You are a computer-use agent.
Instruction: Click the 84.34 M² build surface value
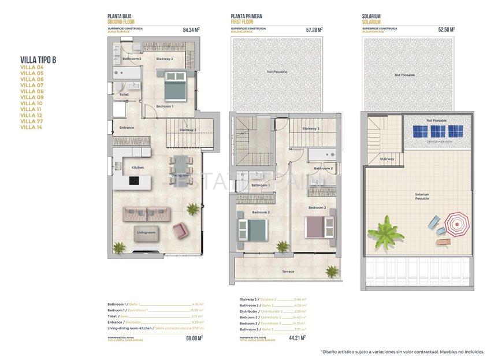click(x=191, y=29)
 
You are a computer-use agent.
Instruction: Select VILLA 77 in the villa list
click(x=32, y=121)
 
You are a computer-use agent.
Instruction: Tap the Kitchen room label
click(x=137, y=168)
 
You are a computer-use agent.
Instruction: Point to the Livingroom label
click(x=146, y=232)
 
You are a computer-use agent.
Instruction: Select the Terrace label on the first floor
click(x=288, y=271)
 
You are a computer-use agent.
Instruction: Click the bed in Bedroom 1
click(x=173, y=87)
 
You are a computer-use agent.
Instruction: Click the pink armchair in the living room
click(x=180, y=231)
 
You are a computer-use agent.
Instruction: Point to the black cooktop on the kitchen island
click(x=133, y=181)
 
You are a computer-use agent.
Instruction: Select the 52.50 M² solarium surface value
click(x=446, y=29)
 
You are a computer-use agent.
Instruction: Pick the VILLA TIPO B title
click(x=38, y=58)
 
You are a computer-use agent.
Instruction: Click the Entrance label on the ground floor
click(x=127, y=128)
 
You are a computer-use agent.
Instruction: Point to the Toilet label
click(x=124, y=94)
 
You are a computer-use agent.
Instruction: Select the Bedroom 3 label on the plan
click(x=259, y=212)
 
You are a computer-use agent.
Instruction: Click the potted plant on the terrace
click(x=332, y=270)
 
